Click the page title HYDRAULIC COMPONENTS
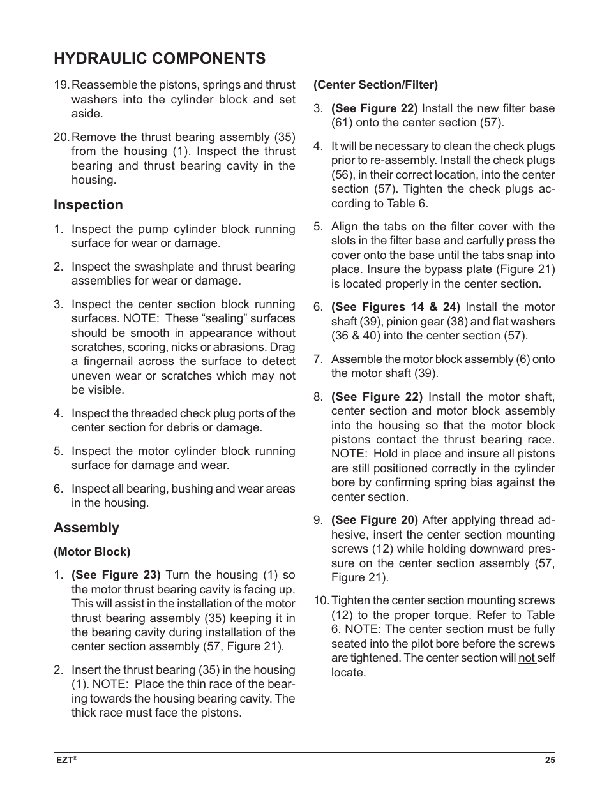(160, 59)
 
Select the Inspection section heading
(88, 205)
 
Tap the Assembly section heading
(86, 528)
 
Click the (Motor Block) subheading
(92, 552)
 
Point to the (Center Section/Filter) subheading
(375, 85)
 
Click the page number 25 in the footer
(550, 760)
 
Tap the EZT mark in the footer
(64, 760)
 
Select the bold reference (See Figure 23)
(116, 575)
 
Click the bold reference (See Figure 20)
(374, 520)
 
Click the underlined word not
(527, 658)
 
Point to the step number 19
(61, 85)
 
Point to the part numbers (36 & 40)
(359, 336)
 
